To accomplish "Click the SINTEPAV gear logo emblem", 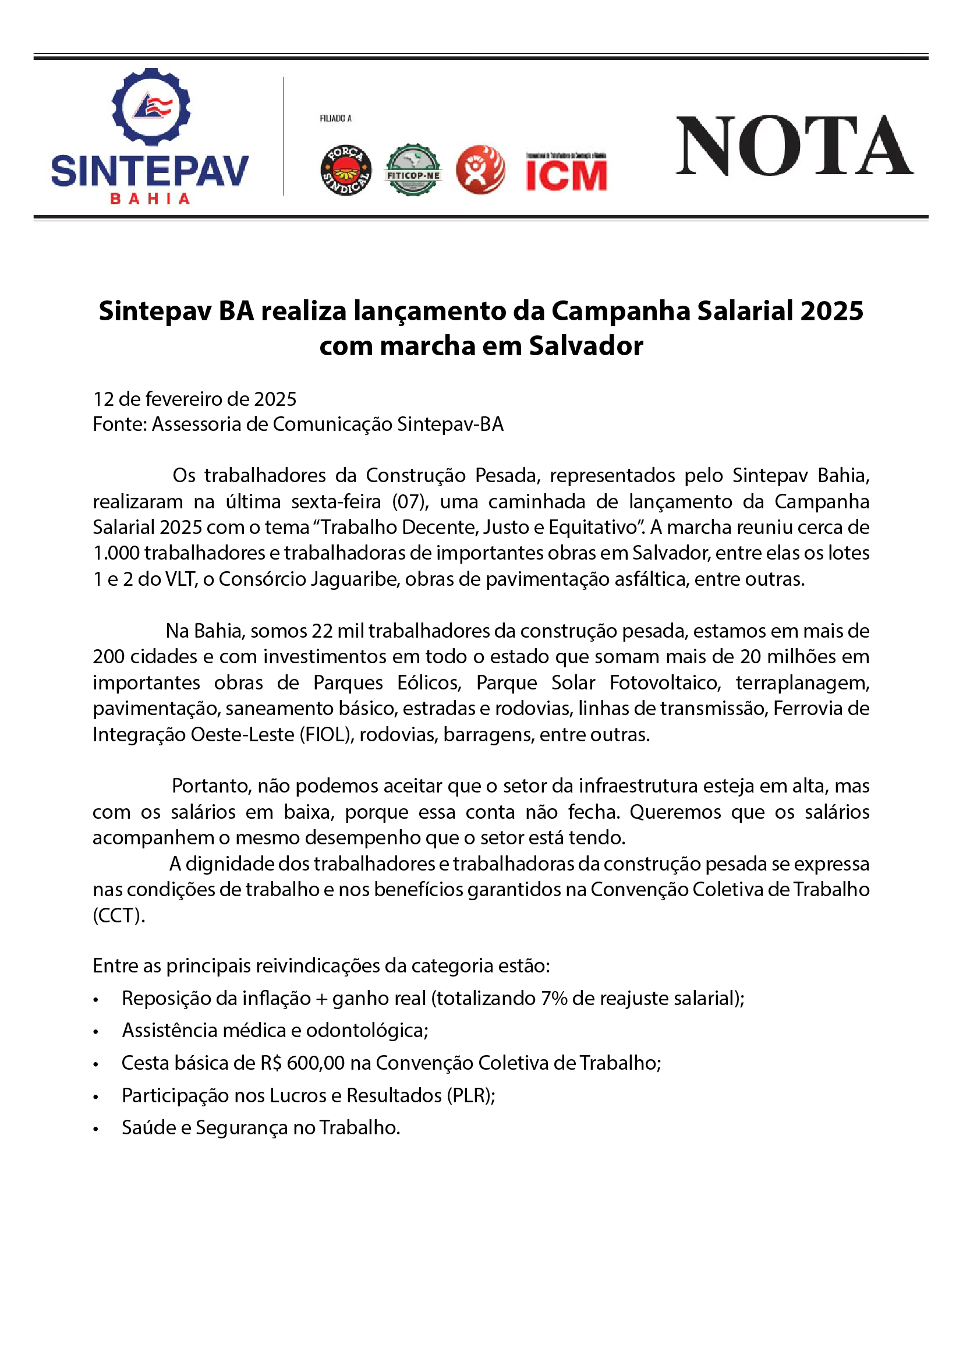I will (151, 107).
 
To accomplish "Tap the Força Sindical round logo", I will (346, 171).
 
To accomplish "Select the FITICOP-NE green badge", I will (413, 171).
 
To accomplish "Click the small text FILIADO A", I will (335, 119).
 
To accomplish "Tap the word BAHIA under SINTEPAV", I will (150, 199).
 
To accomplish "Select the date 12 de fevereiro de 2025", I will (194, 399).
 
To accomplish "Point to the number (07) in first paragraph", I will (410, 501).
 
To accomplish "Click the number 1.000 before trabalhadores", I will (116, 553).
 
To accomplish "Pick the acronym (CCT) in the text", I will (118, 915).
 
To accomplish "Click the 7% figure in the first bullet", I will (553, 999).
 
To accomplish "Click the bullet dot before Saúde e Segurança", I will (95, 1128).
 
